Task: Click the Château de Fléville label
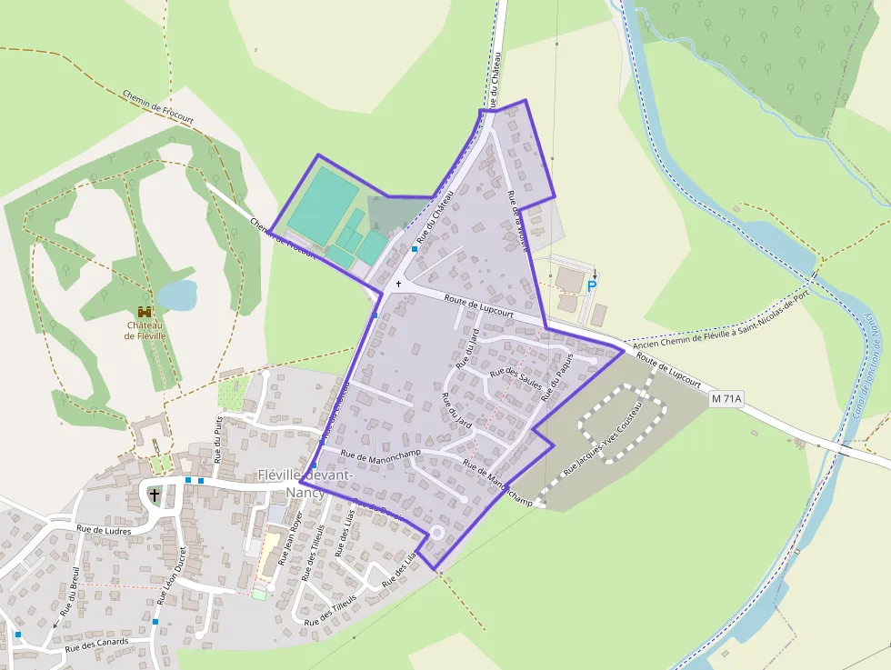(x=145, y=330)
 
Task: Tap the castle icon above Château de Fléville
(x=145, y=312)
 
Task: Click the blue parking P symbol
(x=592, y=286)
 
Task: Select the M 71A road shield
(x=726, y=398)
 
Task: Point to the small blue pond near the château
(x=177, y=295)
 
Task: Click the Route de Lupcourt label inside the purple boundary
(x=479, y=305)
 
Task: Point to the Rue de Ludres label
(x=104, y=530)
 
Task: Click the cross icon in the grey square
(x=155, y=495)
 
